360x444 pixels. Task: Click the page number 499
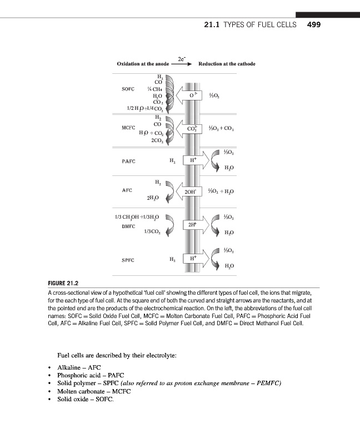(x=314, y=25)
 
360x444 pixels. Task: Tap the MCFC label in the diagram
(x=129, y=128)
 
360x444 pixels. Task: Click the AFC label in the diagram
(x=127, y=190)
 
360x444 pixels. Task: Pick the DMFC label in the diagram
(x=129, y=226)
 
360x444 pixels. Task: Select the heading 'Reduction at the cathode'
(x=227, y=64)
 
